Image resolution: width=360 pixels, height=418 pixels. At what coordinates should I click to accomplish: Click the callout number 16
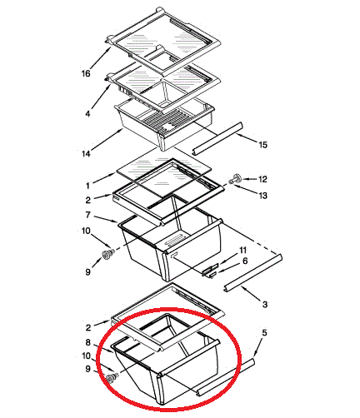[86, 73]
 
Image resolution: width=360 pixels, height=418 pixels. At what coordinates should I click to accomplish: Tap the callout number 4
[87, 114]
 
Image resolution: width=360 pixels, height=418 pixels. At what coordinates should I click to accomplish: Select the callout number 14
[86, 153]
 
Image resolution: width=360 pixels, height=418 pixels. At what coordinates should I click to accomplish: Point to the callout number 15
[262, 145]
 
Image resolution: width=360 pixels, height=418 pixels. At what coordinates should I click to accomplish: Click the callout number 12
[262, 179]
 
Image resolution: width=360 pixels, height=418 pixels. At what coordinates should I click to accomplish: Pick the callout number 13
[262, 196]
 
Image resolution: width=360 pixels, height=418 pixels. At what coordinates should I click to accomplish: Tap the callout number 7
[87, 215]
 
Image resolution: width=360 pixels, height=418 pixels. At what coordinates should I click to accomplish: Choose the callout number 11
[243, 251]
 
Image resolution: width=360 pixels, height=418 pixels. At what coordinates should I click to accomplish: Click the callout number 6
[245, 261]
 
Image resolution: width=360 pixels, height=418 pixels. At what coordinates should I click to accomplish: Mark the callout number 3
[265, 305]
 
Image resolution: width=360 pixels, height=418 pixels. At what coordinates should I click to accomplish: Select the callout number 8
[87, 343]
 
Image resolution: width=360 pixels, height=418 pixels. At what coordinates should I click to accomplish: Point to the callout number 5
[264, 332]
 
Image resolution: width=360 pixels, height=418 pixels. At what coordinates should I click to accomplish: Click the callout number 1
[87, 186]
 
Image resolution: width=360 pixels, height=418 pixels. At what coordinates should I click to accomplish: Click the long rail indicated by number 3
[253, 273]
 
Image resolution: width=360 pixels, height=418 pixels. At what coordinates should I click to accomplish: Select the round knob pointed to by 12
[237, 178]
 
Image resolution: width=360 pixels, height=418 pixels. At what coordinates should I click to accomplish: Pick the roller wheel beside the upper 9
[107, 254]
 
